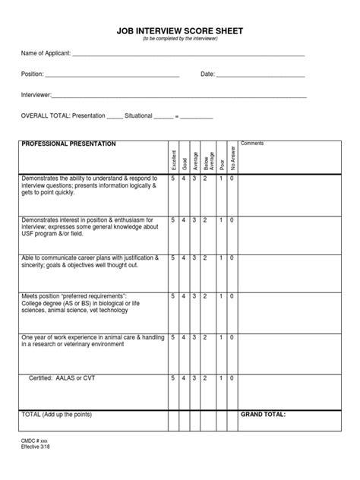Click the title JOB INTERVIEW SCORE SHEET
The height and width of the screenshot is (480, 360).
point(179,31)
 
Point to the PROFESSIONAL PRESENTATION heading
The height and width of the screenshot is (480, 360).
point(68,144)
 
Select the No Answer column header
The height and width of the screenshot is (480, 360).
point(232,157)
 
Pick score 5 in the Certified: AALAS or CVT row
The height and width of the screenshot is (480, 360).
point(173,377)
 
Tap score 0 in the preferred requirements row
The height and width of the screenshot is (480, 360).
point(232,296)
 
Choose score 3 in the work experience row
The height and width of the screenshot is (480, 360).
point(194,336)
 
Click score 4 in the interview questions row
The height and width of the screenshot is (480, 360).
point(183,178)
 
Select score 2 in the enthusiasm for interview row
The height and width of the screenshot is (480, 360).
point(206,219)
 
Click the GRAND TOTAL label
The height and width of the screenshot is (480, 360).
point(264,415)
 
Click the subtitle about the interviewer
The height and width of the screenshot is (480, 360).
point(179,39)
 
